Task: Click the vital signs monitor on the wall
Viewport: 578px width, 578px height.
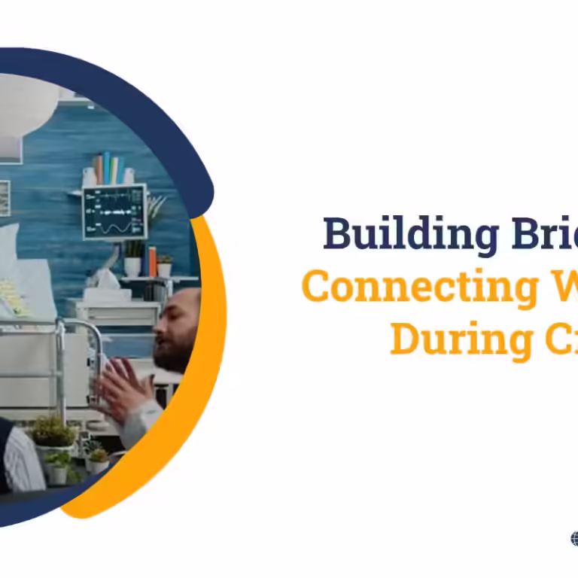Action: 114,211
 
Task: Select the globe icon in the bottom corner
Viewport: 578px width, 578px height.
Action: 574,538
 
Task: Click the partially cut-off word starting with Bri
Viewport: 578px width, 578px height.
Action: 542,235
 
